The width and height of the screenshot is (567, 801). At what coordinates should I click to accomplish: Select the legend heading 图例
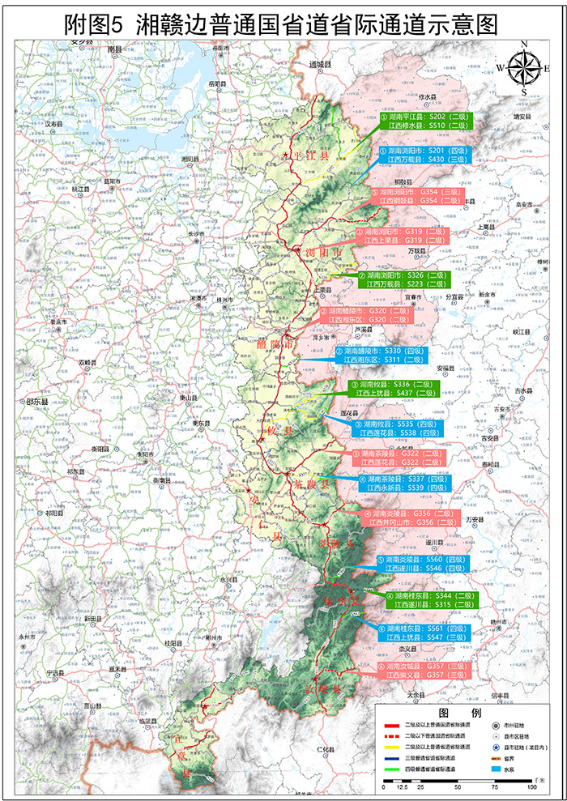point(460,711)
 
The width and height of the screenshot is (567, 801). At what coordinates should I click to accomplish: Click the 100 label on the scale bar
point(531,787)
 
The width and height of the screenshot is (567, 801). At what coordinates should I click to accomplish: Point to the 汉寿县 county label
point(53,124)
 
